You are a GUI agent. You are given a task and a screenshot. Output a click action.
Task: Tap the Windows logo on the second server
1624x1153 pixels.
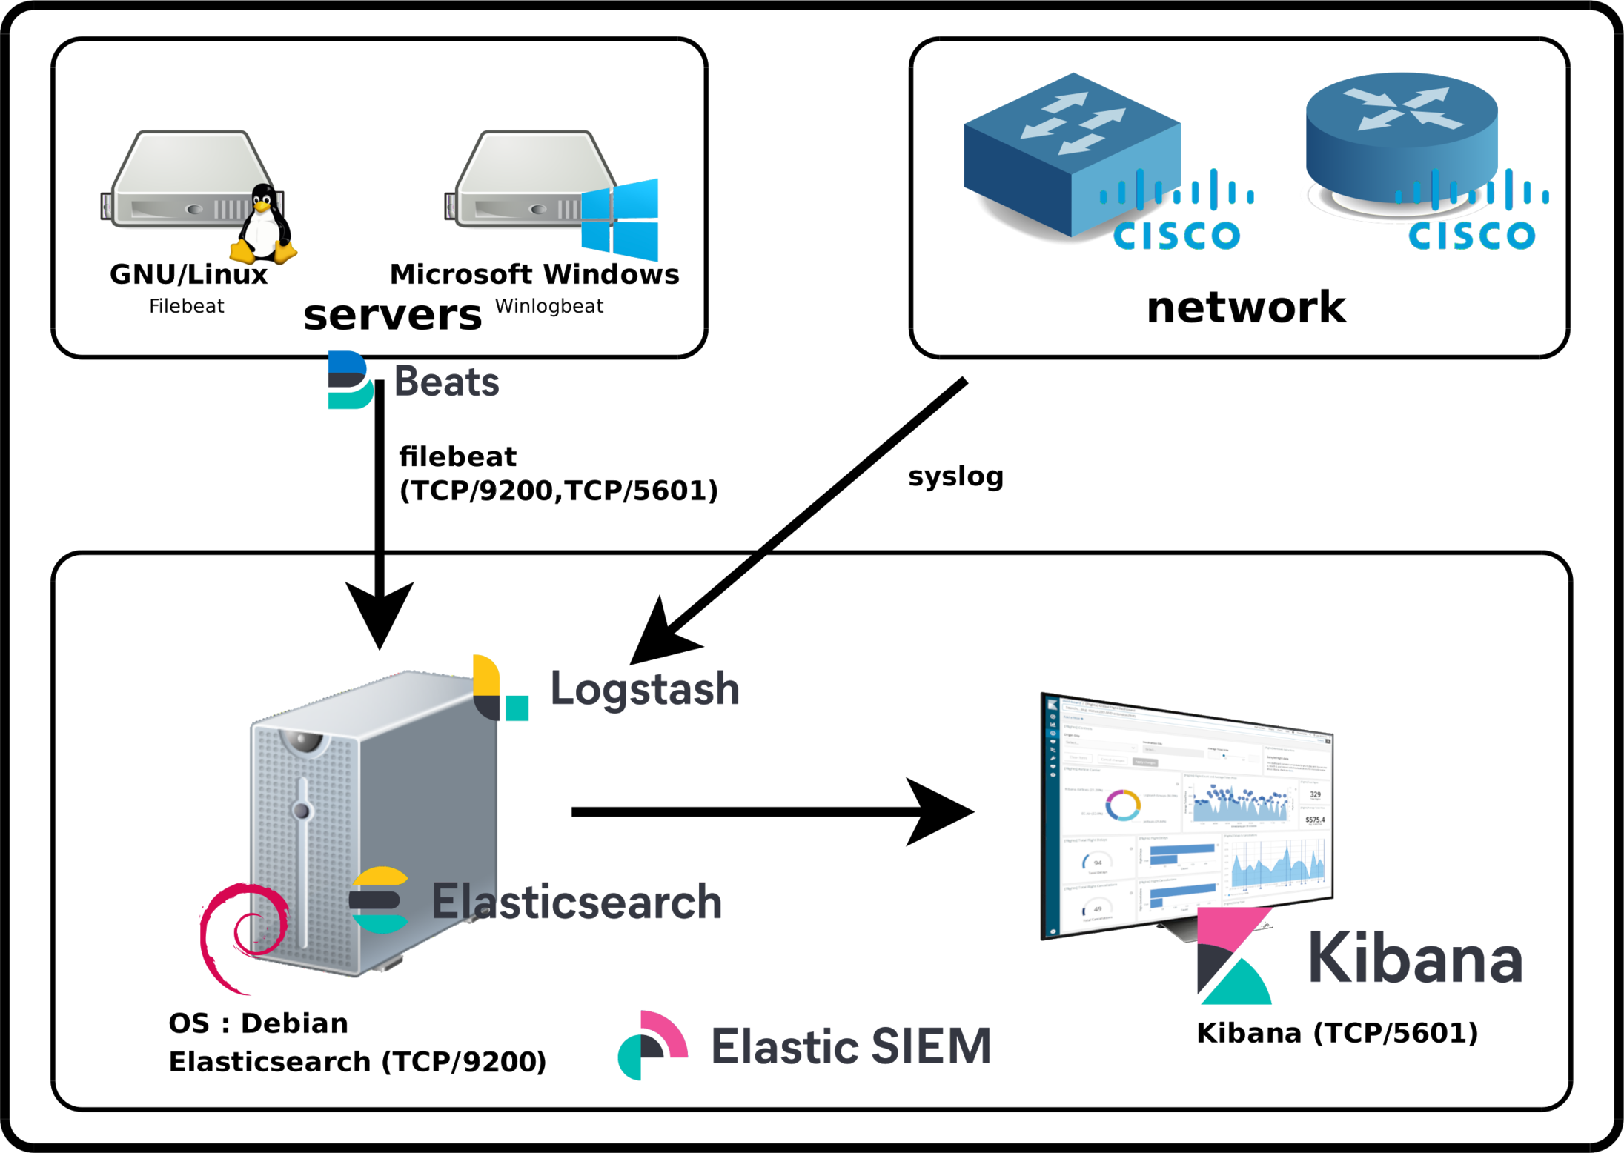coord(620,219)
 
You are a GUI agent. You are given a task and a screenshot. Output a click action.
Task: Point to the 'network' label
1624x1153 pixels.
coord(1246,307)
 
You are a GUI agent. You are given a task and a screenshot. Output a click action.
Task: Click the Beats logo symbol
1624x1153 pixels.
coord(350,380)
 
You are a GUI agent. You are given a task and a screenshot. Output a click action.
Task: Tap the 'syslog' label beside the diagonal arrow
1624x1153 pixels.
coord(956,476)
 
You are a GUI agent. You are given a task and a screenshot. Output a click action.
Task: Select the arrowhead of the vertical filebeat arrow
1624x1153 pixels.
coord(380,615)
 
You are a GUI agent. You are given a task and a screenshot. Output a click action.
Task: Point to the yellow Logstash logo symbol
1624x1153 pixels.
coord(500,688)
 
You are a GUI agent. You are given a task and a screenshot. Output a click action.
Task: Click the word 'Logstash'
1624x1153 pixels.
coord(644,688)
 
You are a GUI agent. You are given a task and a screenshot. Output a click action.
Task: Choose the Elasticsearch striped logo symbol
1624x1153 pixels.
coord(379,900)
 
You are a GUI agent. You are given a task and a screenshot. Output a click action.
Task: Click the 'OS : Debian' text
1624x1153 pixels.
coord(258,1023)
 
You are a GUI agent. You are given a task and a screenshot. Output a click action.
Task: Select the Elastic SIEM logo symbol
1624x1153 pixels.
coord(652,1045)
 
